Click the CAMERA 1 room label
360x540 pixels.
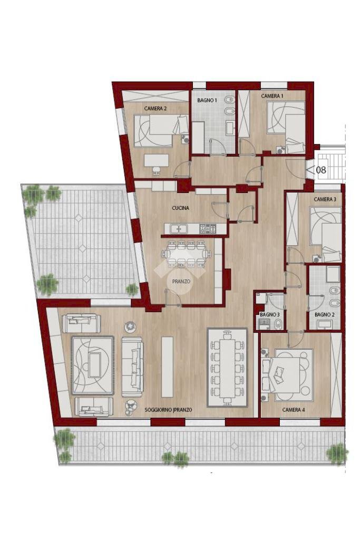272,96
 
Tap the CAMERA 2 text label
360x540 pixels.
155,109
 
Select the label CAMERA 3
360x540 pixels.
325,199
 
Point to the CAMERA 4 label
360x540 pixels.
293,409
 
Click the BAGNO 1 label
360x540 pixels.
207,100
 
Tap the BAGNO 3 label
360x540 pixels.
269,314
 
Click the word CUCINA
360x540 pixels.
180,208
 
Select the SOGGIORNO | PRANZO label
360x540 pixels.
168,409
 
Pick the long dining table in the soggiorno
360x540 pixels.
227,367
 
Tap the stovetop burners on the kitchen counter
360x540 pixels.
209,228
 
